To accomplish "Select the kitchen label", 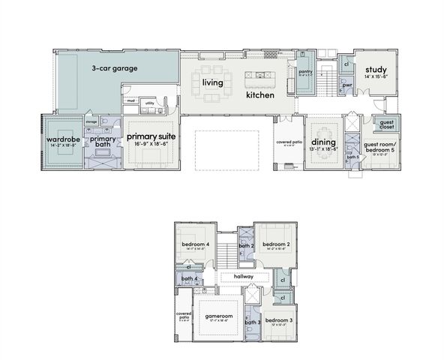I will pyautogui.click(x=260, y=96).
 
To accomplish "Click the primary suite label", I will pyautogui.click(x=151, y=137).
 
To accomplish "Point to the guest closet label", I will pyautogui.click(x=387, y=124).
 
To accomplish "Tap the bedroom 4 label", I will pyautogui.click(x=195, y=244).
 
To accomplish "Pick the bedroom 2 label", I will pyautogui.click(x=276, y=244).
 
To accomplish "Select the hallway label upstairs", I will pyautogui.click(x=243, y=277).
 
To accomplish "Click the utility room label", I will pyautogui.click(x=149, y=103).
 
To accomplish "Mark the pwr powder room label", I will pyautogui.click(x=346, y=85).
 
